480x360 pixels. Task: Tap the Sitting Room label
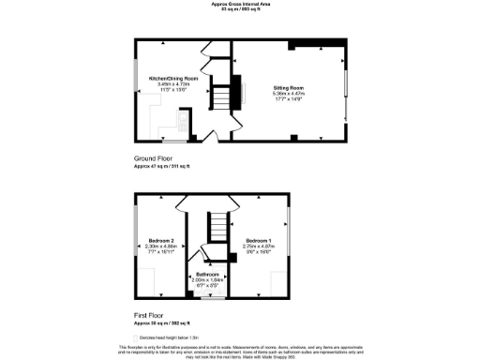click(x=287, y=85)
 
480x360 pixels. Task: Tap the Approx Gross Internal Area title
click(x=239, y=4)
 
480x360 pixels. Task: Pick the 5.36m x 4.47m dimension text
click(x=287, y=92)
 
